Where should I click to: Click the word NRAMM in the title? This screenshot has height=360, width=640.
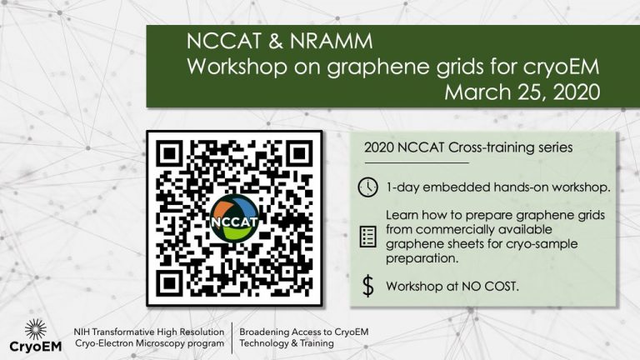click(x=332, y=41)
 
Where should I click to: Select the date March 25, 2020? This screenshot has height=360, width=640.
click(x=522, y=92)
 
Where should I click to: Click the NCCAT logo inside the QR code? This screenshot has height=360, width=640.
click(x=235, y=219)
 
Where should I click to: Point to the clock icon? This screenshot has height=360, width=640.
click(x=367, y=187)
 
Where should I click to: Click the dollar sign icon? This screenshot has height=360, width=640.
click(x=368, y=286)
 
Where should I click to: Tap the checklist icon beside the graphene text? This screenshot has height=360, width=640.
click(x=367, y=237)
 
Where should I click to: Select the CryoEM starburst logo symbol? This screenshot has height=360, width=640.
click(x=36, y=330)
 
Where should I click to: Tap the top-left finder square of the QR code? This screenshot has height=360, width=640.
click(x=169, y=154)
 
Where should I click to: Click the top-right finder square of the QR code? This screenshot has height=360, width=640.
click(x=300, y=154)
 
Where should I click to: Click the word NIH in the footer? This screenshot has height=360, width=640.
click(x=81, y=332)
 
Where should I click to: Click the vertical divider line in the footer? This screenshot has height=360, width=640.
click(x=232, y=338)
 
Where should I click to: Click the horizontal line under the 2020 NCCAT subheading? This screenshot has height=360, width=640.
click(x=417, y=162)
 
